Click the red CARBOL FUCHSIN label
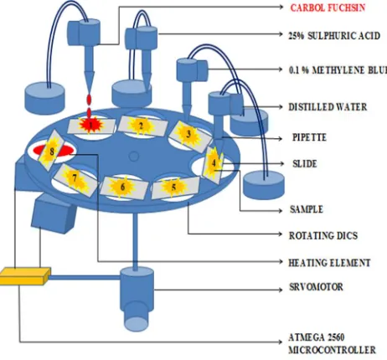328,8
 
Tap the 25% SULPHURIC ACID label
334,36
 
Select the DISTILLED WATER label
328,107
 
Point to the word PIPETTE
309,137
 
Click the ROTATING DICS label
323,235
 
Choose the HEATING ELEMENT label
329,263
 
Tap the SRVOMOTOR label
316,287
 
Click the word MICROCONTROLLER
332,350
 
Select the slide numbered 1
91,126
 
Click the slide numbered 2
142,126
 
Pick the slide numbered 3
190,136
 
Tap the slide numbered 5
175,188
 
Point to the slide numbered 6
124,188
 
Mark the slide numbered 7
75,180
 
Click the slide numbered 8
52,150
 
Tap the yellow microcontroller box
24,276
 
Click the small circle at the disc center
134,157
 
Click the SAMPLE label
307,209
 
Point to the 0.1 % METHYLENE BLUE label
338,69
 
